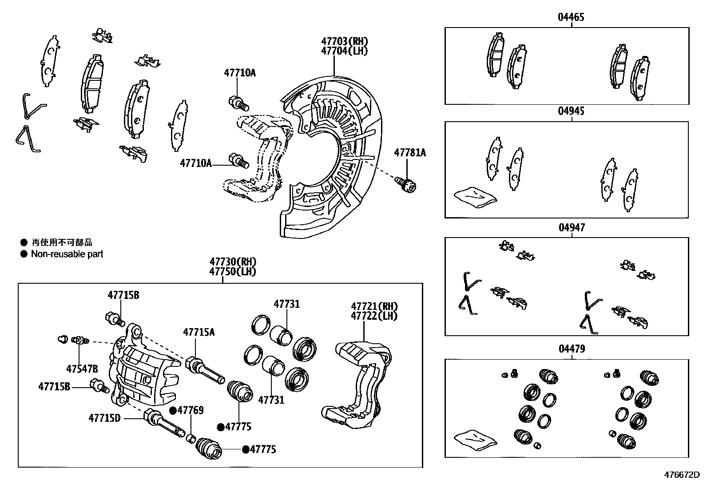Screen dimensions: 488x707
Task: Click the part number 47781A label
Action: [x=410, y=153]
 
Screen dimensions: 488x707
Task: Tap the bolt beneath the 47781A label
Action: [x=405, y=183]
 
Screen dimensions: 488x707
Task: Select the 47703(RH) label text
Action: [x=345, y=41]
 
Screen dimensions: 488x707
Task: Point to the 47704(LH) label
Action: [x=345, y=51]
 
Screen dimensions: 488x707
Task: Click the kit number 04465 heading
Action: [x=571, y=17]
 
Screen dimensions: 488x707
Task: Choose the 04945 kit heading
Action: [x=571, y=111]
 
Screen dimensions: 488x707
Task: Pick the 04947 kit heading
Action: [x=572, y=228]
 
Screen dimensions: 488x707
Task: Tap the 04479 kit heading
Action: [x=572, y=349]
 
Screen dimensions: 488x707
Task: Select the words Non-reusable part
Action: [x=67, y=254]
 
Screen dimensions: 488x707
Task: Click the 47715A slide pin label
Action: [x=199, y=332]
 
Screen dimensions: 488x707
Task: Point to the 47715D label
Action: [x=104, y=418]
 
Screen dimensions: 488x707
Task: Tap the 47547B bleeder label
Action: [x=82, y=369]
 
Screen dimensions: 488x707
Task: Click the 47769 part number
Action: [x=191, y=410]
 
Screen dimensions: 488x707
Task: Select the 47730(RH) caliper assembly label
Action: [x=233, y=262]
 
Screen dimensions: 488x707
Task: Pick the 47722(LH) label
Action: [x=374, y=316]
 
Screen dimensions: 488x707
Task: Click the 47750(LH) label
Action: [x=233, y=271]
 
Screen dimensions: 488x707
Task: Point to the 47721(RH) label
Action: [x=374, y=306]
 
